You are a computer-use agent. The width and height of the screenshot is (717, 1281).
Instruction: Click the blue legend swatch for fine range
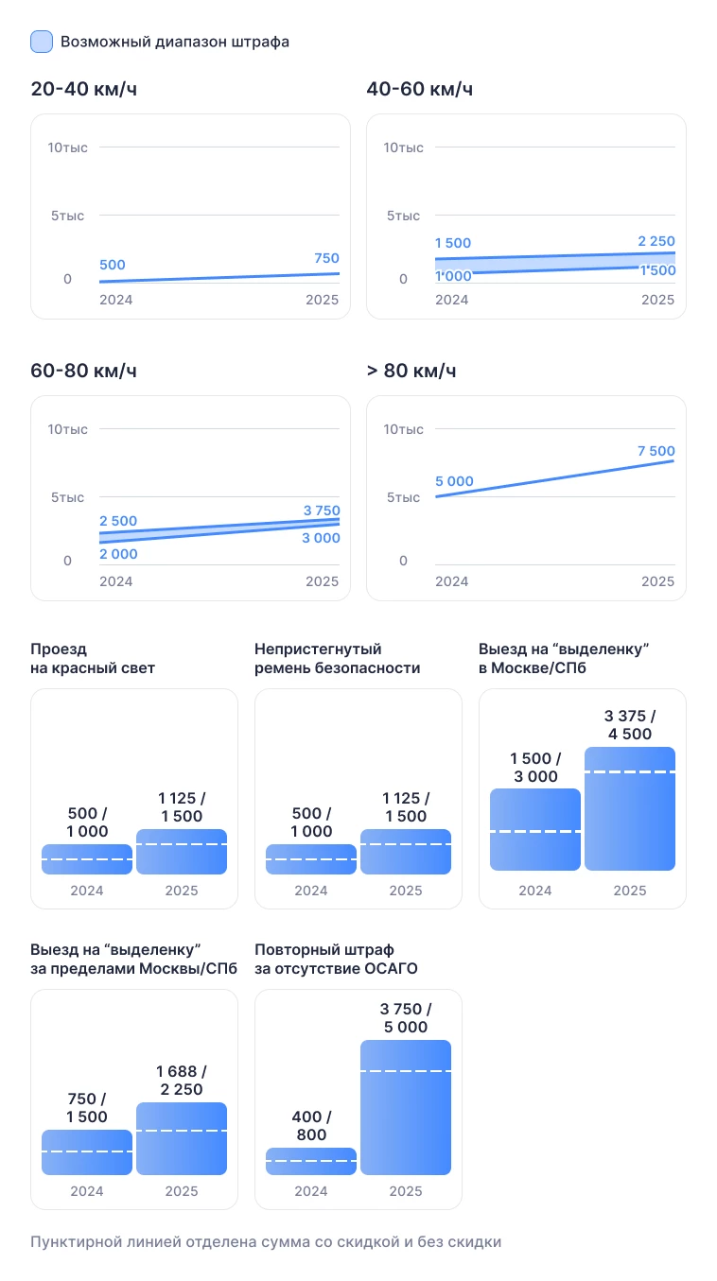point(42,42)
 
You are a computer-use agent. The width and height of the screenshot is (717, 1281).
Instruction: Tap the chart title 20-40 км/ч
point(91,90)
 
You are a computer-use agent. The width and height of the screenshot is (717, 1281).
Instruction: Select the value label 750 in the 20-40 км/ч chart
point(325,258)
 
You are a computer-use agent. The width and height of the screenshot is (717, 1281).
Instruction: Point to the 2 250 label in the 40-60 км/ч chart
point(656,241)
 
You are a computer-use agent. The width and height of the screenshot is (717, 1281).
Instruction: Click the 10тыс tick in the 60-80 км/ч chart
point(68,429)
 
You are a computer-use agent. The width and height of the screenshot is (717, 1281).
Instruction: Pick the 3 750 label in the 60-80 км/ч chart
point(321,511)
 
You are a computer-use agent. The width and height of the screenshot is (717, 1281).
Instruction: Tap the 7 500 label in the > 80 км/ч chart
point(656,451)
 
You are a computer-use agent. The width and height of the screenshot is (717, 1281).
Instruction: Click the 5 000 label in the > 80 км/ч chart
point(454,481)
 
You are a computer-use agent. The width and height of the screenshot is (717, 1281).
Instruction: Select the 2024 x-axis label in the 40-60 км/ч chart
point(451,300)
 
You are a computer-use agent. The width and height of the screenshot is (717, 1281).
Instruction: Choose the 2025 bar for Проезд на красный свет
point(182,852)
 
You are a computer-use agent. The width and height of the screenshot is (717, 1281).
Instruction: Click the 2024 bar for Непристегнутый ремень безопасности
point(311,859)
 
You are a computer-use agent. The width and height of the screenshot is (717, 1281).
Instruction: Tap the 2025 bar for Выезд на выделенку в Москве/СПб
point(630,808)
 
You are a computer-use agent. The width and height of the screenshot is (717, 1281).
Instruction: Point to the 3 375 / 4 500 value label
point(630,724)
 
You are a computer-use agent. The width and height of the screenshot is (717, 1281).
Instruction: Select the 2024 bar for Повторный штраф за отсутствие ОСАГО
point(311,1161)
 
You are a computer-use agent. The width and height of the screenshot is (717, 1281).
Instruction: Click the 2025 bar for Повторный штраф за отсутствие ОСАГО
point(406,1107)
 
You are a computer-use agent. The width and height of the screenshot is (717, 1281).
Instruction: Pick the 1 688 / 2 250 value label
point(182,1080)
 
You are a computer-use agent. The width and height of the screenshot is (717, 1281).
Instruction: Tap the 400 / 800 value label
point(311,1126)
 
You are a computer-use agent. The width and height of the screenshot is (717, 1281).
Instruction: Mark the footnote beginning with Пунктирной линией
point(266,1241)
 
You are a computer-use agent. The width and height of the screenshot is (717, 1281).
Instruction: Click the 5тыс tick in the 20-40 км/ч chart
point(68,216)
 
